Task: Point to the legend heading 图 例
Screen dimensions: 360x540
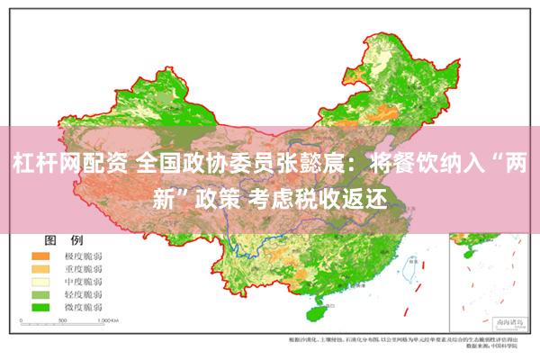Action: click(x=64, y=240)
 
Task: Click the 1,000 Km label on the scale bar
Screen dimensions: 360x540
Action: click(x=109, y=320)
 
